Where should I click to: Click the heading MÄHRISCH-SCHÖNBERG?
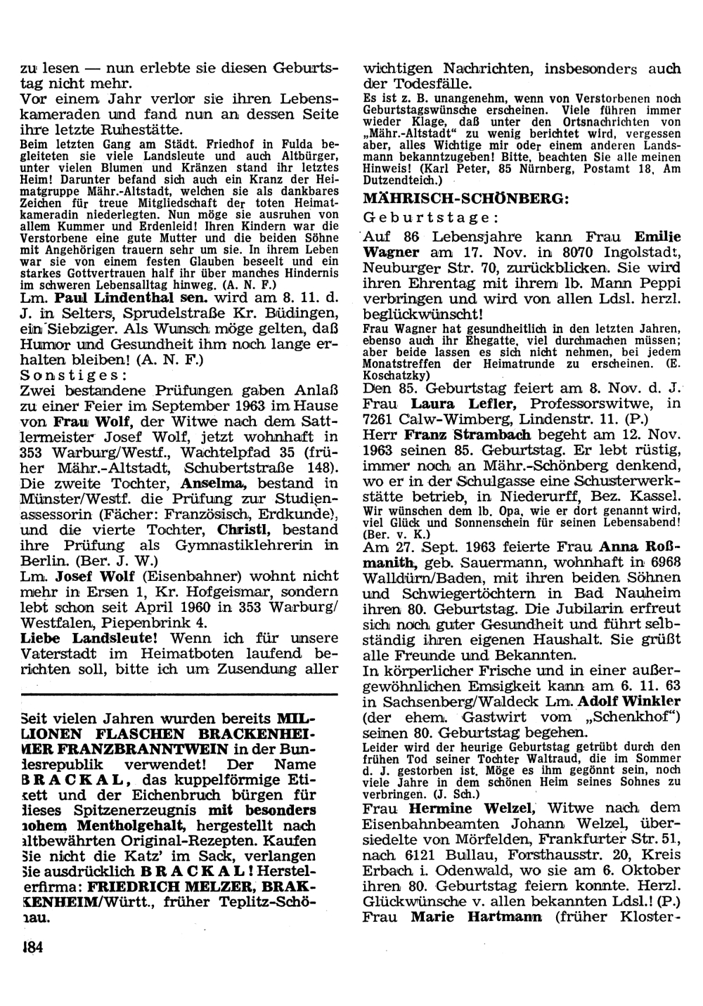click(x=465, y=199)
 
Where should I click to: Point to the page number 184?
click(x=33, y=948)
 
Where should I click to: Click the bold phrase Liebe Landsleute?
click(x=89, y=638)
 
